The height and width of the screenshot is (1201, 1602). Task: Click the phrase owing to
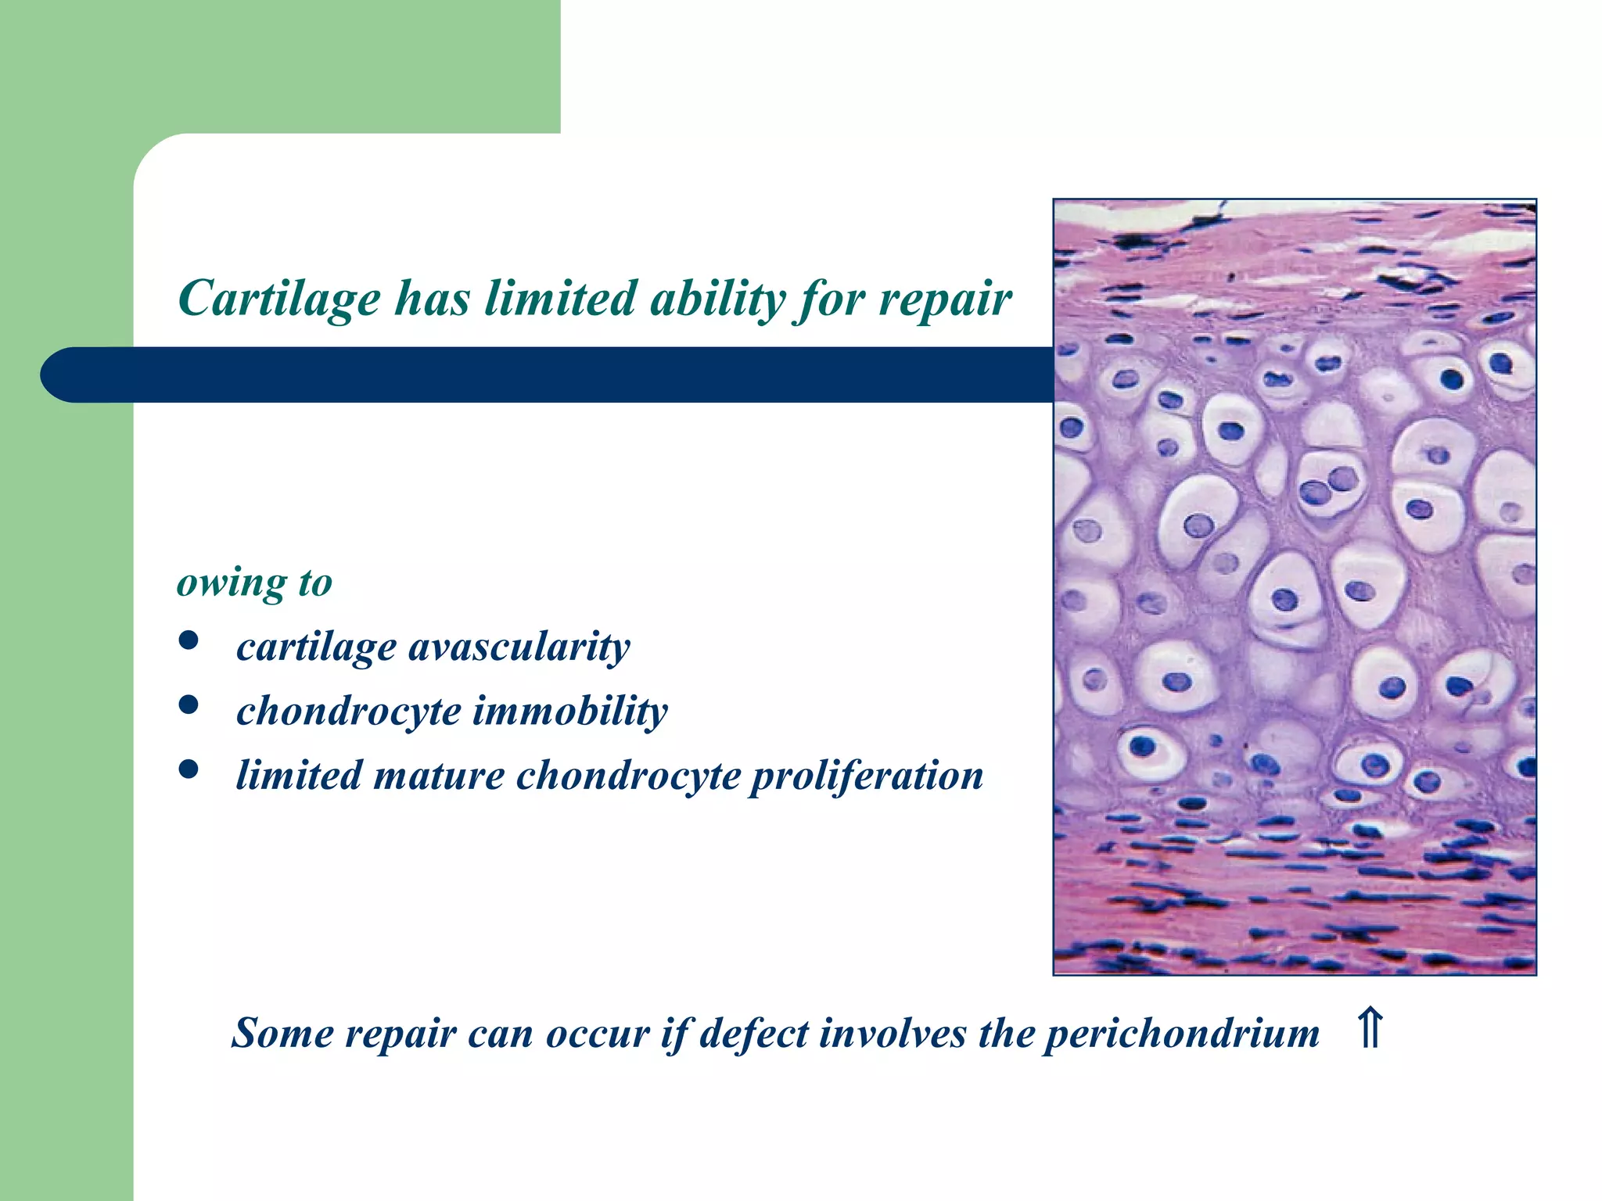point(255,583)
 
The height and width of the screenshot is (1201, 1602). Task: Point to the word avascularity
point(519,647)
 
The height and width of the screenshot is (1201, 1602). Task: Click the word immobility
point(570,712)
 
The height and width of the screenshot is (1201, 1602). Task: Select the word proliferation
point(867,776)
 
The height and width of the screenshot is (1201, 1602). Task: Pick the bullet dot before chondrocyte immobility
point(188,705)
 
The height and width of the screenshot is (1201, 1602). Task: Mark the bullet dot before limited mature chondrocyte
point(188,770)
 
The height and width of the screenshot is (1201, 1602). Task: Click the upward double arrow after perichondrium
point(1370,1029)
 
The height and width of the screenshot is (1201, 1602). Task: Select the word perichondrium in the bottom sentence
point(1182,1034)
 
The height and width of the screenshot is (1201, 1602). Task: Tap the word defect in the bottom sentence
point(753,1034)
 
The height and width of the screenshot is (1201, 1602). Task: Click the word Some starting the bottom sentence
point(282,1034)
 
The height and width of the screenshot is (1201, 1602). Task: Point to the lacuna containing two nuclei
point(1329,485)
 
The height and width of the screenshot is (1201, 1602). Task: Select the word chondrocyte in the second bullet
point(348,712)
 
